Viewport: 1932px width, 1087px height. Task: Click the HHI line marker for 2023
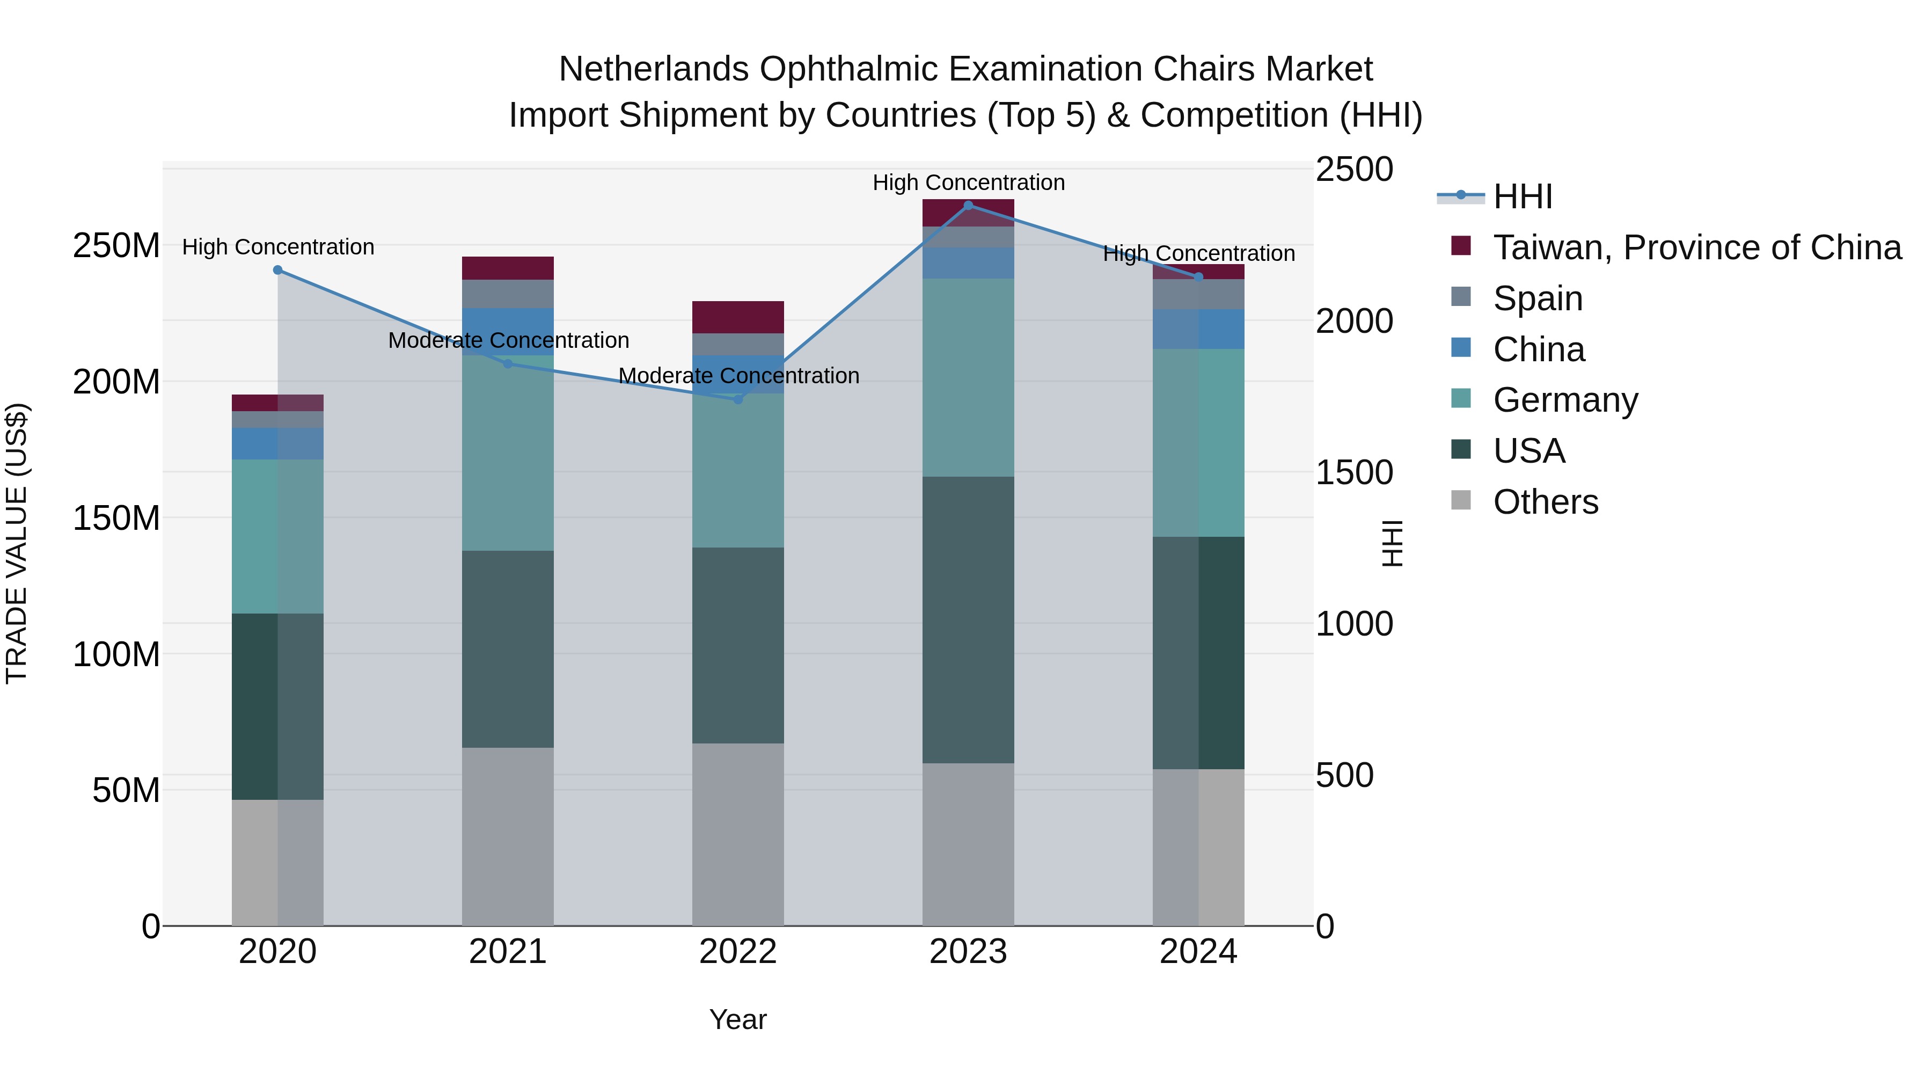tap(968, 206)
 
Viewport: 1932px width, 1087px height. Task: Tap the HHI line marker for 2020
tap(277, 270)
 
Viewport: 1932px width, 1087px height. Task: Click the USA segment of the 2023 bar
tap(968, 619)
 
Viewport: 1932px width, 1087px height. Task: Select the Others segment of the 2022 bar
tap(738, 834)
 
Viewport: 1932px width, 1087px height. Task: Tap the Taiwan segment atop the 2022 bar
tap(738, 317)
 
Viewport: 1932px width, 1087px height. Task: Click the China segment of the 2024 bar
tap(1198, 329)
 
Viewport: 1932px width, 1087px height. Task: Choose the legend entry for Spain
tap(1538, 298)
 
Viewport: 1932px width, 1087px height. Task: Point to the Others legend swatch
tap(1461, 500)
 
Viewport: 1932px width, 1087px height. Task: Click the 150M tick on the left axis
tap(116, 517)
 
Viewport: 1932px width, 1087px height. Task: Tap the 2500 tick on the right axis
tap(1354, 170)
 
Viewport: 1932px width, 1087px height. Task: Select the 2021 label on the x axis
tap(508, 952)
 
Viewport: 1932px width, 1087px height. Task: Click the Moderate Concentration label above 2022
tap(738, 376)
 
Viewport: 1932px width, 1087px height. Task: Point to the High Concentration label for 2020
tap(277, 247)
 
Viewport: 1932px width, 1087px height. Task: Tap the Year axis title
tap(738, 1019)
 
